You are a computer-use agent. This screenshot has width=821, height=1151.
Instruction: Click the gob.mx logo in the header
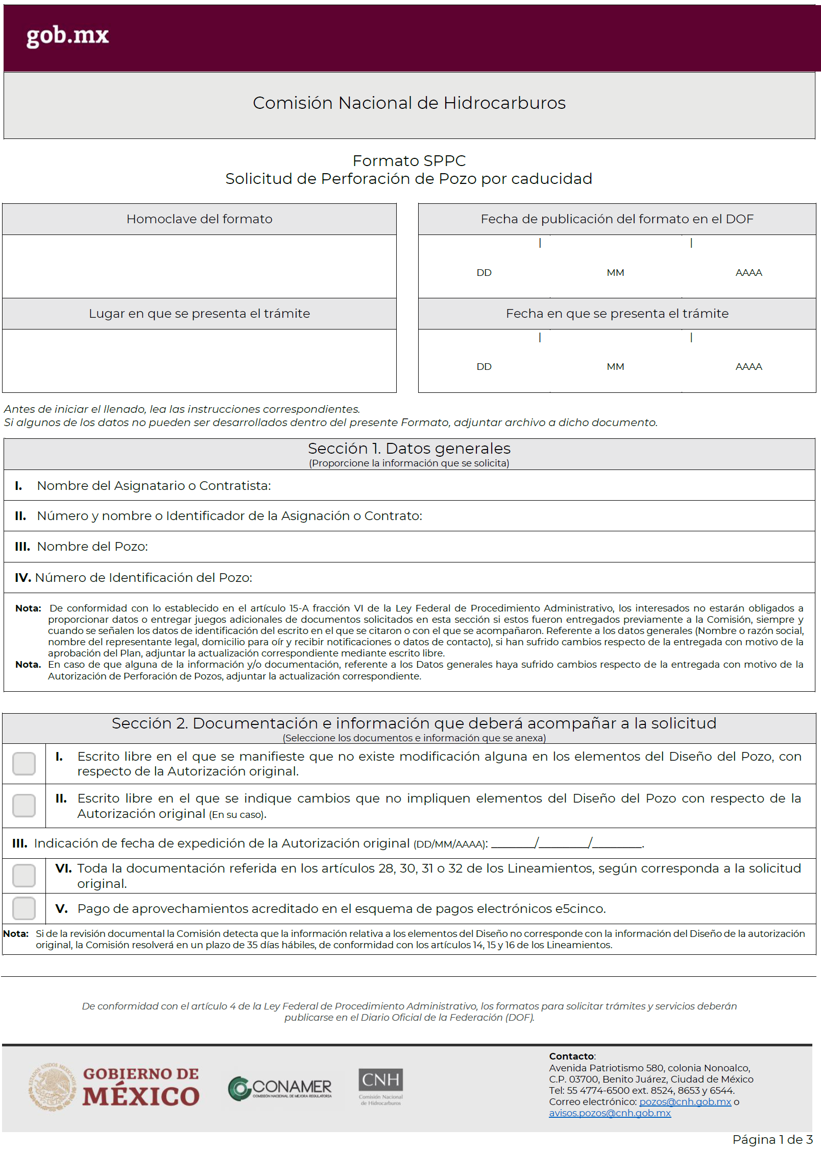67,36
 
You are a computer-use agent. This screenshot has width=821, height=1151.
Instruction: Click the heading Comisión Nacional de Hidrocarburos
409,103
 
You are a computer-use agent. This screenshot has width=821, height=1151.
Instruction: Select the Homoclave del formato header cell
199,219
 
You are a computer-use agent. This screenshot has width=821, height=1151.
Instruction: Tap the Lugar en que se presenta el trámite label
199,314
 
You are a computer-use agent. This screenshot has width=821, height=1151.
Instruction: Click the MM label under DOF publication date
615,273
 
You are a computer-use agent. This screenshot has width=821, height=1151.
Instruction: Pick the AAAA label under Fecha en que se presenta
748,367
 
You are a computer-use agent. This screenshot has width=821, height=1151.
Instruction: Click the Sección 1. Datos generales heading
409,449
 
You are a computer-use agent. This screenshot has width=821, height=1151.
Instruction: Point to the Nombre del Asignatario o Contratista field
154,486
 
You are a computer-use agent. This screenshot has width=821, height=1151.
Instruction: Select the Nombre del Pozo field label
92,547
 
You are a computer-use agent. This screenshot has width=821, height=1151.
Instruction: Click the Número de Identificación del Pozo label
143,578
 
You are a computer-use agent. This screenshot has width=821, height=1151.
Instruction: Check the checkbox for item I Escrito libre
24,764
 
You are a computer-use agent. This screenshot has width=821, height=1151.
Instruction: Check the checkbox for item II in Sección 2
24,806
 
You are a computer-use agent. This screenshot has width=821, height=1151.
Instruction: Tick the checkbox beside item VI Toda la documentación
24,876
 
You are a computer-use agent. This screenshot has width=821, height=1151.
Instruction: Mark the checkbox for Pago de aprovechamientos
24,909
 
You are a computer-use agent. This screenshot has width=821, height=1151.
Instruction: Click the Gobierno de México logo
114,1087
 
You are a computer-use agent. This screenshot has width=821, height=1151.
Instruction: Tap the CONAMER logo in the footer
280,1088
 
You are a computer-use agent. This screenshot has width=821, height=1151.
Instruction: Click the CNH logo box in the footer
380,1079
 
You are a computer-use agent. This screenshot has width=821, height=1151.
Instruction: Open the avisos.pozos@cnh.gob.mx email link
610,1113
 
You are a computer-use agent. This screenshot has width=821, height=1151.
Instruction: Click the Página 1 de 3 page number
772,1140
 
